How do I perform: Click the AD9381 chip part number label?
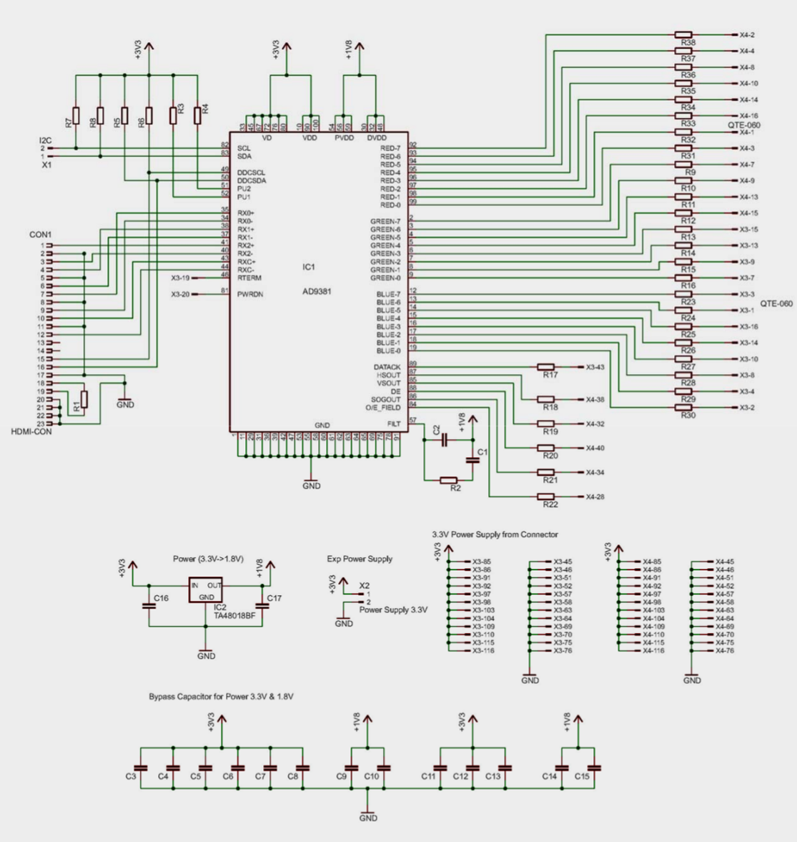pyautogui.click(x=317, y=292)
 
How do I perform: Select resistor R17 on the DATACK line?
pyautogui.click(x=546, y=367)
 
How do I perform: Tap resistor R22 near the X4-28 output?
pyautogui.click(x=546, y=496)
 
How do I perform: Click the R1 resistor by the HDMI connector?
pyautogui.click(x=84, y=399)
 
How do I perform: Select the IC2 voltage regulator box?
pyautogui.click(x=206, y=591)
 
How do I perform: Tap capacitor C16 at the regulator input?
pyautogui.click(x=149, y=605)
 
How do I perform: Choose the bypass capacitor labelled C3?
pyautogui.click(x=141, y=768)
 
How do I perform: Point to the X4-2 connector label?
pyautogui.click(x=747, y=35)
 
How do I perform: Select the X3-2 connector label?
pyautogui.click(x=747, y=408)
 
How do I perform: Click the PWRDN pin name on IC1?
pyautogui.click(x=249, y=294)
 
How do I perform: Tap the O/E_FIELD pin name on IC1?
pyautogui.click(x=382, y=408)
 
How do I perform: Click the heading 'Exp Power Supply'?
pyautogui.click(x=360, y=559)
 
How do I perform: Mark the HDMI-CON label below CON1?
pyautogui.click(x=31, y=431)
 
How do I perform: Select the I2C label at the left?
pyautogui.click(x=45, y=139)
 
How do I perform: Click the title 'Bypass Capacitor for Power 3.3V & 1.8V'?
pyautogui.click(x=222, y=696)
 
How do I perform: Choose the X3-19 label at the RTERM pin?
pyautogui.click(x=180, y=278)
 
